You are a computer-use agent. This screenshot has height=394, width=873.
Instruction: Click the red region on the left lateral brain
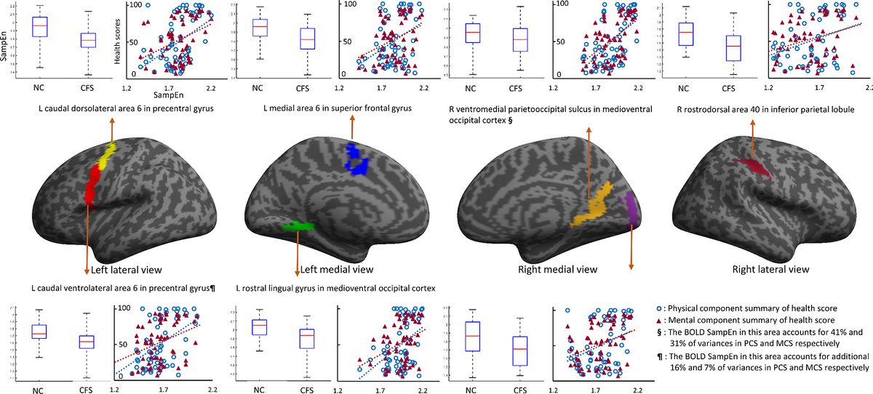pyautogui.click(x=91, y=186)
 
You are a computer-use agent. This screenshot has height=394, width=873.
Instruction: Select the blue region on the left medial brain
pyautogui.click(x=358, y=159)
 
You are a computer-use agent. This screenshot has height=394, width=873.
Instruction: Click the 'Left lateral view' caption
pyautogui.click(x=128, y=269)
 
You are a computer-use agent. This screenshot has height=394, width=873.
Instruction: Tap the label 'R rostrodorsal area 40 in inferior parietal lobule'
pyautogui.click(x=764, y=109)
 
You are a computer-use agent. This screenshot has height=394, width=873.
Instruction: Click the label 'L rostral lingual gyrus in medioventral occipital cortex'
pyautogui.click(x=337, y=289)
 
